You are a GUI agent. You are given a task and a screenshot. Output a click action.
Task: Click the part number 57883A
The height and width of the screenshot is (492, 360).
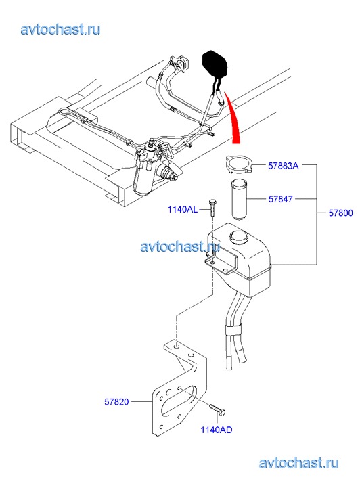coord(283,166)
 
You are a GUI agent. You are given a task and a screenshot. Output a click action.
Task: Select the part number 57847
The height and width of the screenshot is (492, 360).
coord(281,199)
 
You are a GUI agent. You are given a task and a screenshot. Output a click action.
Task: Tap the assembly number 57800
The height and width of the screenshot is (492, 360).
coord(340,213)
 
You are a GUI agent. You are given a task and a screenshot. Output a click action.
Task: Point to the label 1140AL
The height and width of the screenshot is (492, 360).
coord(183,209)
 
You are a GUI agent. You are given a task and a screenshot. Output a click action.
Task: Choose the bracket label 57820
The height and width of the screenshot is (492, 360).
coord(116,402)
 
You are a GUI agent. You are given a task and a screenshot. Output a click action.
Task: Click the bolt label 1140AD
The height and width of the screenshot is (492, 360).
coord(217,430)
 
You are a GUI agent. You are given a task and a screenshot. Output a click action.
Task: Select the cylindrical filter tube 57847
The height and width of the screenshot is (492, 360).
coord(239,199)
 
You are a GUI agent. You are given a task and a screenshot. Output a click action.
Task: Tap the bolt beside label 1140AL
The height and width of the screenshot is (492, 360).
coord(212,207)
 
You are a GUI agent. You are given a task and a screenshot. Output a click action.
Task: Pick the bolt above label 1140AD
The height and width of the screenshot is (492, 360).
coord(217,410)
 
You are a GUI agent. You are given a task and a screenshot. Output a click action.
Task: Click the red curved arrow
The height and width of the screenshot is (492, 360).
coord(233,118)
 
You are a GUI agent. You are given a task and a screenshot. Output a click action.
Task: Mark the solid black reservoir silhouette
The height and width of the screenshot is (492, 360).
coord(215,64)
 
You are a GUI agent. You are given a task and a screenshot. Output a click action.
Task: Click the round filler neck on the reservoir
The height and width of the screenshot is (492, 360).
coord(239,236)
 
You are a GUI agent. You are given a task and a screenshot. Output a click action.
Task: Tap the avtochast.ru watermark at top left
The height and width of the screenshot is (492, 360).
coord(61,30)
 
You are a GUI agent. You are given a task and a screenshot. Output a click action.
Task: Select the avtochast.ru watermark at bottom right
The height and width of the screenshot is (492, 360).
coord(299,463)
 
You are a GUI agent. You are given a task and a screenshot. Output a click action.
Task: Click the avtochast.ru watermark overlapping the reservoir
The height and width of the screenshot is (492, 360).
coord(180,246)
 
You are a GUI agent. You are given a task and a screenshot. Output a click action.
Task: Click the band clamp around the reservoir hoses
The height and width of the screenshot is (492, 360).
coord(233,330)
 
